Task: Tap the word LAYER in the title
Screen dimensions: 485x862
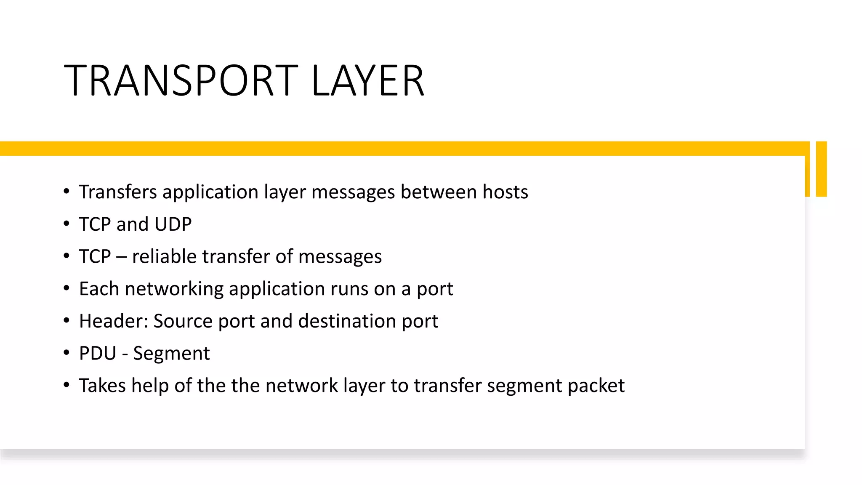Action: (367, 80)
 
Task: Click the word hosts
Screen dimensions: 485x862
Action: (505, 192)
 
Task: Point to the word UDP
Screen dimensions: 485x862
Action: (173, 224)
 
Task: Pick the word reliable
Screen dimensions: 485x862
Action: (163, 257)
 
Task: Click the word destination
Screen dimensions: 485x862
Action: (347, 321)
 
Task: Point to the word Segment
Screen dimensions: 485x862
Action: (171, 354)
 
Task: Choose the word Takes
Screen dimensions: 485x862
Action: (102, 386)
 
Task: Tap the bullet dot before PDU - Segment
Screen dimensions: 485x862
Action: (67, 353)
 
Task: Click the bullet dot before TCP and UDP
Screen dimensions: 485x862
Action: (67, 224)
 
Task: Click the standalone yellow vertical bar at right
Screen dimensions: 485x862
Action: (821, 169)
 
